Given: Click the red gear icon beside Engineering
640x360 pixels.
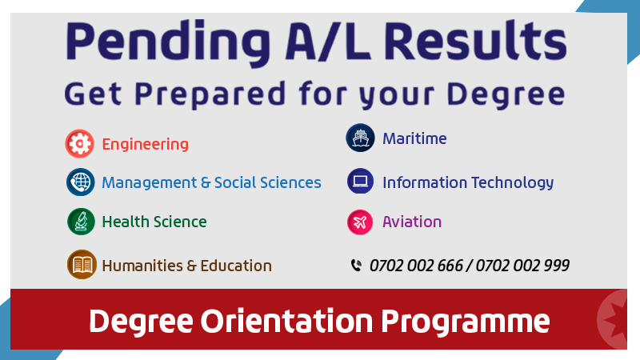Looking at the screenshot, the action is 79,144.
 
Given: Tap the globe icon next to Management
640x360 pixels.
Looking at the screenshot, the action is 81,182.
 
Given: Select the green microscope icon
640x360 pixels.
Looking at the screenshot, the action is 81,222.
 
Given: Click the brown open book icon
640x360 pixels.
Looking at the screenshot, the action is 82,265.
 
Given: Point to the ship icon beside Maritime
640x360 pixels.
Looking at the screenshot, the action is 361,138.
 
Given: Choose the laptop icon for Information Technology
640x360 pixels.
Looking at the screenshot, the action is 361,181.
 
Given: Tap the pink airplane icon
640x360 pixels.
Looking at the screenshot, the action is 360,222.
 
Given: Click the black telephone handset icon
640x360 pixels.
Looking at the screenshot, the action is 356,266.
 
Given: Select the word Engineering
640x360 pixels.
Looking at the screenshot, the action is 146,145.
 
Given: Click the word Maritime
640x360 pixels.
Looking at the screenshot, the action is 414,138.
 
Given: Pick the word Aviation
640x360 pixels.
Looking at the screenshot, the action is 412,222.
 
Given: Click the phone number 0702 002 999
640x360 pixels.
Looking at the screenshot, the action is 522,266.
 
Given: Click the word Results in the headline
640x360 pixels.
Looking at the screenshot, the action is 475,41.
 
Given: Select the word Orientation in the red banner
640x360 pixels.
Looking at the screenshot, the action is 286,322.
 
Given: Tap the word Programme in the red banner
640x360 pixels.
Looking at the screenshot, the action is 466,322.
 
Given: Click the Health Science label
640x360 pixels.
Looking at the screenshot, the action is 154,222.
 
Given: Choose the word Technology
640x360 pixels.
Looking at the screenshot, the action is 513,183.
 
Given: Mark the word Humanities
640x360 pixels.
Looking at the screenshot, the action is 142,266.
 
